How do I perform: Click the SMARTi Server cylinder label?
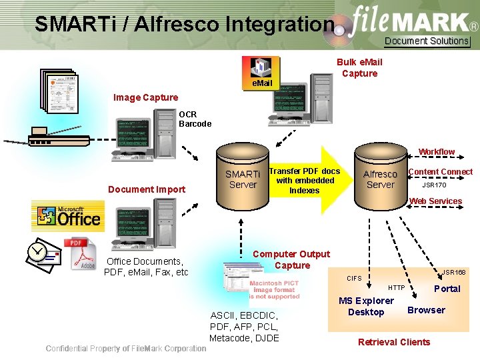tap(243, 179)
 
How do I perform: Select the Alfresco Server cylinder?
tap(381, 179)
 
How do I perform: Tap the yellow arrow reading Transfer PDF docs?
tap(304, 181)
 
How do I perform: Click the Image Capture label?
tap(145, 97)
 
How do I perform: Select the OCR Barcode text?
tap(195, 119)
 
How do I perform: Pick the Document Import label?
tap(147, 189)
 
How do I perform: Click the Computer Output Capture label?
tap(291, 259)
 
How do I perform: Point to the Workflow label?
tap(436, 152)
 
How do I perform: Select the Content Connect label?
tap(440, 172)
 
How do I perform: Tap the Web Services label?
tap(435, 201)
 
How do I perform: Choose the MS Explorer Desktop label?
tap(366, 306)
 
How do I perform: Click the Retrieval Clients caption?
tap(394, 342)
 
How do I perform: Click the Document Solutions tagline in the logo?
tap(427, 41)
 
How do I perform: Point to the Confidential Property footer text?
tap(126, 349)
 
